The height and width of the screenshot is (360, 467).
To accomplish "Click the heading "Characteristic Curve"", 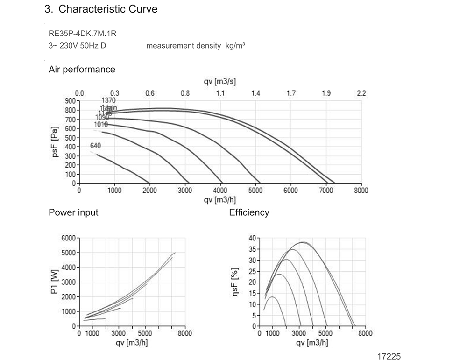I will click(108, 9).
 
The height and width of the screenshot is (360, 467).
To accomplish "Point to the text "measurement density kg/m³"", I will click(196, 46).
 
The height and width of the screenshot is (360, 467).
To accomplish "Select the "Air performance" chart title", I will click(82, 70).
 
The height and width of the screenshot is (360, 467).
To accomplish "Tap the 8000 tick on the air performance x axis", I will click(361, 191).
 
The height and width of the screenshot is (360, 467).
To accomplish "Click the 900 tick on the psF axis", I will click(70, 101).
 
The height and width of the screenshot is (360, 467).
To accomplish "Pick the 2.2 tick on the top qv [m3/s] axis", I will click(361, 93).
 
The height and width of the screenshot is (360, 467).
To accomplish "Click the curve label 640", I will click(95, 146).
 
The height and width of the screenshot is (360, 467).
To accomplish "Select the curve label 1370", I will click(108, 100).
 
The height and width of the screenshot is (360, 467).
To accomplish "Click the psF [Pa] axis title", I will click(55, 141).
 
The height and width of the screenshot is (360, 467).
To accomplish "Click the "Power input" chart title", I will click(73, 212).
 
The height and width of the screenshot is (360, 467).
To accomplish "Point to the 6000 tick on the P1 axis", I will click(68, 238).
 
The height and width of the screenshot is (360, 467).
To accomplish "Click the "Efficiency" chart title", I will click(249, 212).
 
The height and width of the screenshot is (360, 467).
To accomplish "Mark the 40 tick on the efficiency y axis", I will click(252, 238).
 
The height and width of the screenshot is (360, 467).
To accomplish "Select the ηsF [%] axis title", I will click(235, 282).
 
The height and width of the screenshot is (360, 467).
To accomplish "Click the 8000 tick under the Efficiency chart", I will click(365, 333).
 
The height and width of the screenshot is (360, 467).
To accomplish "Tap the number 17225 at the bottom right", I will click(389, 356).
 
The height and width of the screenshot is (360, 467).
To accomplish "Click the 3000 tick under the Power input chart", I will click(119, 333).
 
